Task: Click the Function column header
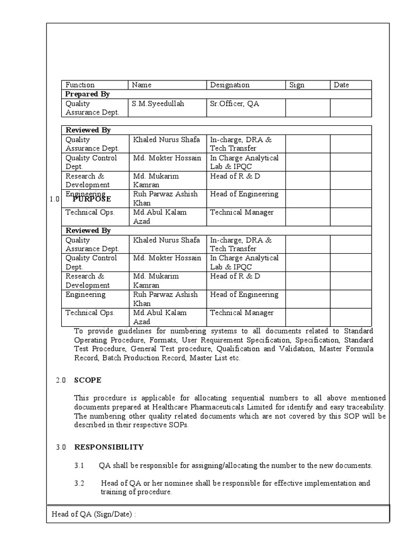[80, 85]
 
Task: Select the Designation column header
[230, 85]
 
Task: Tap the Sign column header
[297, 85]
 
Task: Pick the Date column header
[341, 85]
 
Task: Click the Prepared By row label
[87, 94]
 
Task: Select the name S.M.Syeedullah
[158, 103]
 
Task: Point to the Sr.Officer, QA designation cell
[234, 103]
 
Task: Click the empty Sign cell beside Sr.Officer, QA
[307, 108]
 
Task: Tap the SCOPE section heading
[87, 380]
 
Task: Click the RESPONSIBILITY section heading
[109, 447]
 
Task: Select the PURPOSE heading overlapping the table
[92, 199]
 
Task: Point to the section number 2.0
[61, 380]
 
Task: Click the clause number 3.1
[79, 465]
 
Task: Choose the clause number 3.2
[79, 483]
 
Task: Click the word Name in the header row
[142, 85]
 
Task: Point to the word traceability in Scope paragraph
[366, 407]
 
